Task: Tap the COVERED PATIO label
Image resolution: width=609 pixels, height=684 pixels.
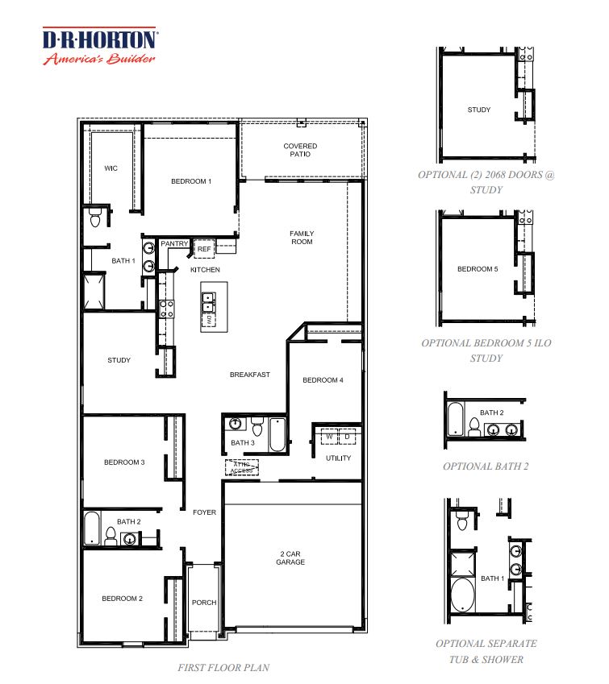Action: (300, 150)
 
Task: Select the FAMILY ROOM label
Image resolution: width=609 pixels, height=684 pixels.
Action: (302, 238)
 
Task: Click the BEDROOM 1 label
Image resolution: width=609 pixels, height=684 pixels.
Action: (191, 181)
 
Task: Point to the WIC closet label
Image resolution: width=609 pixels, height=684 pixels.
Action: (111, 168)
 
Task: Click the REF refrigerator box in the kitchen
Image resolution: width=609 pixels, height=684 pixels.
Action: (204, 250)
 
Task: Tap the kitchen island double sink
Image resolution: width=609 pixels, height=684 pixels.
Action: (208, 301)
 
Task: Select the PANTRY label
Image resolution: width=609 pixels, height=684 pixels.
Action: (174, 243)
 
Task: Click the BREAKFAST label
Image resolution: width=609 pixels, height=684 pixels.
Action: (249, 375)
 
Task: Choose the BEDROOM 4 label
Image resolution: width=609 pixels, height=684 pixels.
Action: (323, 379)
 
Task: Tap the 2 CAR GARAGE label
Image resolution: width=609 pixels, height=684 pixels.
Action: (290, 558)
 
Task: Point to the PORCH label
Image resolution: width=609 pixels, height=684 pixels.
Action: (204, 603)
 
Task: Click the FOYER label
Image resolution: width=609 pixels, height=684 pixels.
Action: (204, 512)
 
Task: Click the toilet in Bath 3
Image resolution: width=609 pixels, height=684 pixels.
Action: (257, 425)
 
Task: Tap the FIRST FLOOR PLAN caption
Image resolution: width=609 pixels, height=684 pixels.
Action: (223, 667)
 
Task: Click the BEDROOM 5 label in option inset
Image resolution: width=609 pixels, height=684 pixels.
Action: (478, 269)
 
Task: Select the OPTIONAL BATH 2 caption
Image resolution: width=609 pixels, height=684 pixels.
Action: (486, 466)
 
